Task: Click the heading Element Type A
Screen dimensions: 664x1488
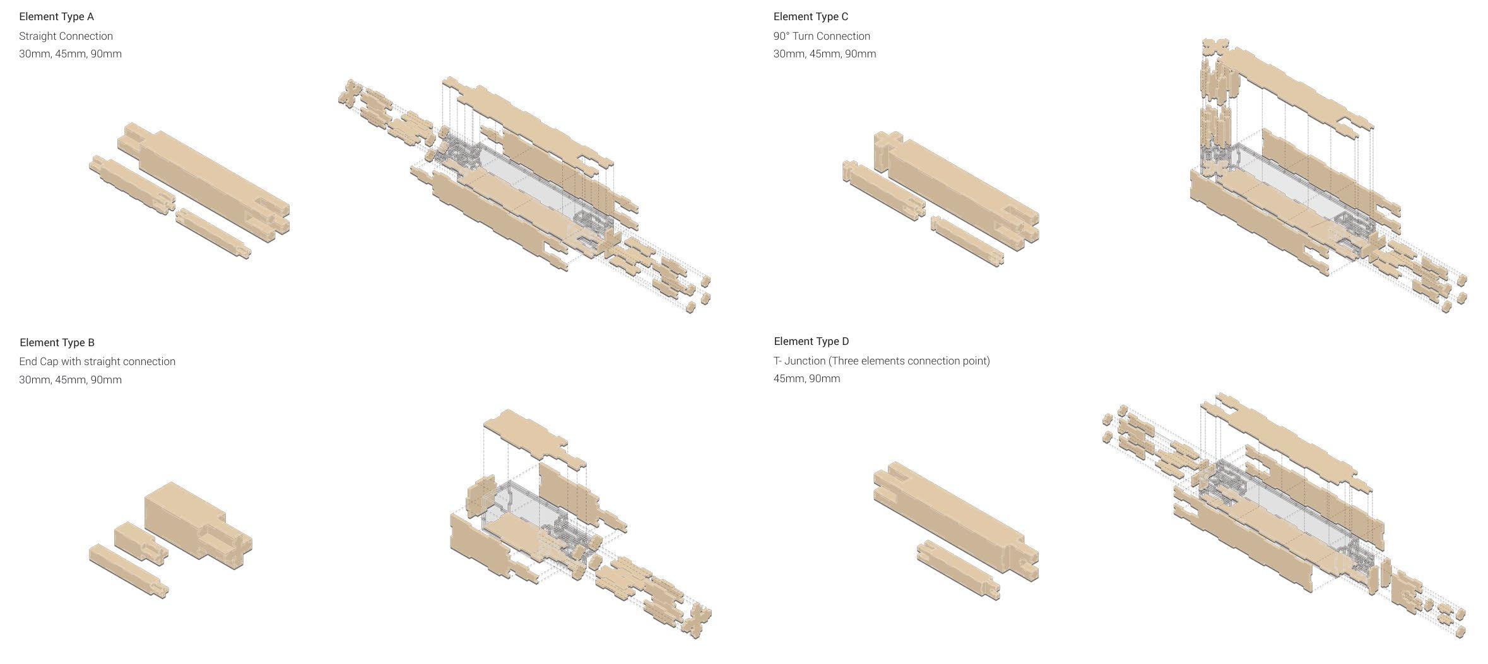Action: [56, 17]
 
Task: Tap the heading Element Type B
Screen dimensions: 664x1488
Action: [57, 342]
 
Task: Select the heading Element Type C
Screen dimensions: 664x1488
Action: [811, 17]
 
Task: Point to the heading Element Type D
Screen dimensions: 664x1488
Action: [812, 341]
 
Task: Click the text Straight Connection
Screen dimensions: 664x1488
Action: [66, 36]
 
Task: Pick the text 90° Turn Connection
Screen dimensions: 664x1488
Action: [822, 36]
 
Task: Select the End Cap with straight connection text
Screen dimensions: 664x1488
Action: [97, 361]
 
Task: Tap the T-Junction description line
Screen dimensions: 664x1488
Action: [882, 361]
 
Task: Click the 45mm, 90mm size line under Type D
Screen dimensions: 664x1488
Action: [806, 378]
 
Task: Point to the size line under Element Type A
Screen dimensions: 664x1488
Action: [70, 54]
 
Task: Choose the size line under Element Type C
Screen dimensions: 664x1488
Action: [825, 54]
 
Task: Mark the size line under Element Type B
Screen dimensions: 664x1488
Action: [70, 380]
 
